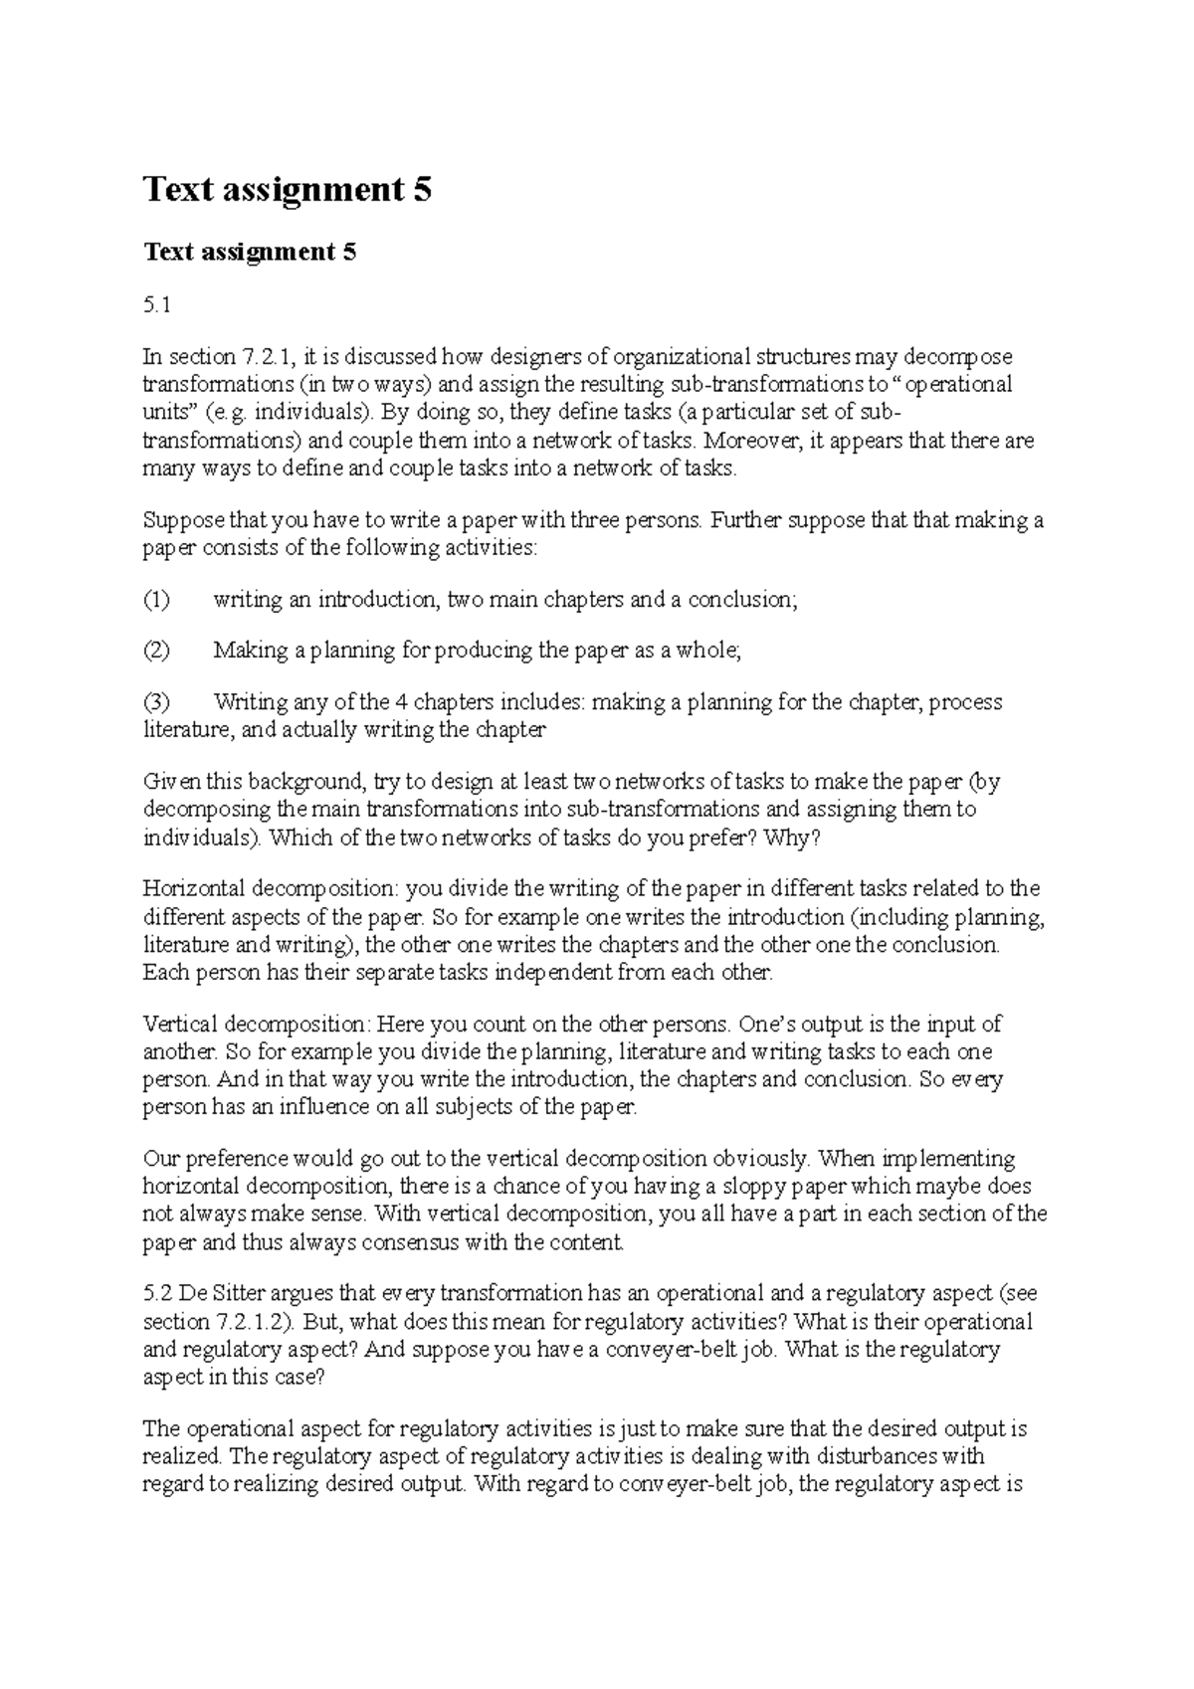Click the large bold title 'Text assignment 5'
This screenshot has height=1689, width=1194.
288,189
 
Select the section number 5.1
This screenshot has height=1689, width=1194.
157,306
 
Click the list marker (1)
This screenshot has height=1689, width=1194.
157,600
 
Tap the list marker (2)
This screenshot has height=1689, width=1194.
157,651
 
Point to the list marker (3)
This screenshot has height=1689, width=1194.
157,702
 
